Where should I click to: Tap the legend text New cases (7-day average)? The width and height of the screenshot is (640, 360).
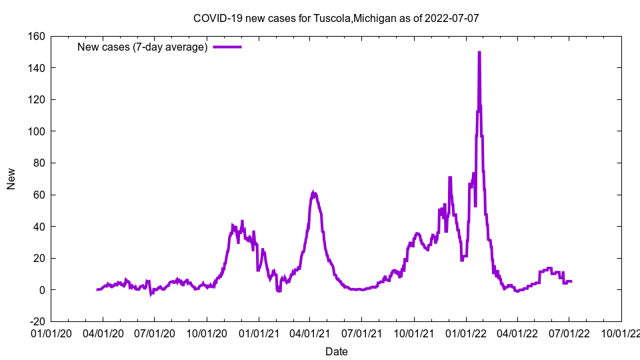[143, 47]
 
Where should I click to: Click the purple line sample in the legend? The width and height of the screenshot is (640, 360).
[227, 47]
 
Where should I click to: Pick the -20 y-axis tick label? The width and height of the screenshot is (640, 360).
[35, 322]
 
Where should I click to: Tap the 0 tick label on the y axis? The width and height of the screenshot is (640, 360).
[41, 290]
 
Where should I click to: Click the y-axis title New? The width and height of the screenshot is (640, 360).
[11, 179]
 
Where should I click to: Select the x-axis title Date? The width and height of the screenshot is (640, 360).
[336, 351]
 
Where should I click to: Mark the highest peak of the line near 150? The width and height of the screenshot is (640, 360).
[479, 53]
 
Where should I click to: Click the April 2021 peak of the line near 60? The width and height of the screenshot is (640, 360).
[314, 193]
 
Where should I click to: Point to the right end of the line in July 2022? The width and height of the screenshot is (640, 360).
[571, 281]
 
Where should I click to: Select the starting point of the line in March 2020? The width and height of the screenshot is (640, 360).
[97, 289]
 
